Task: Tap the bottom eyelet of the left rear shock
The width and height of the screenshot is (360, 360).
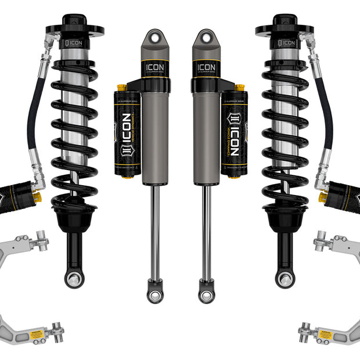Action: (x=155, y=296)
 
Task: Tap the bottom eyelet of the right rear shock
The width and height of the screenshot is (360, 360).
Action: (x=206, y=296)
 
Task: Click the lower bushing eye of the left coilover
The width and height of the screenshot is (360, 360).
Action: (x=74, y=279)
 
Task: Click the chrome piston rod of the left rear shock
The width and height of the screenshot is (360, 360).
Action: (x=155, y=232)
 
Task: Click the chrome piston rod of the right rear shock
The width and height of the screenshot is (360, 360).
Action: (x=206, y=232)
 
